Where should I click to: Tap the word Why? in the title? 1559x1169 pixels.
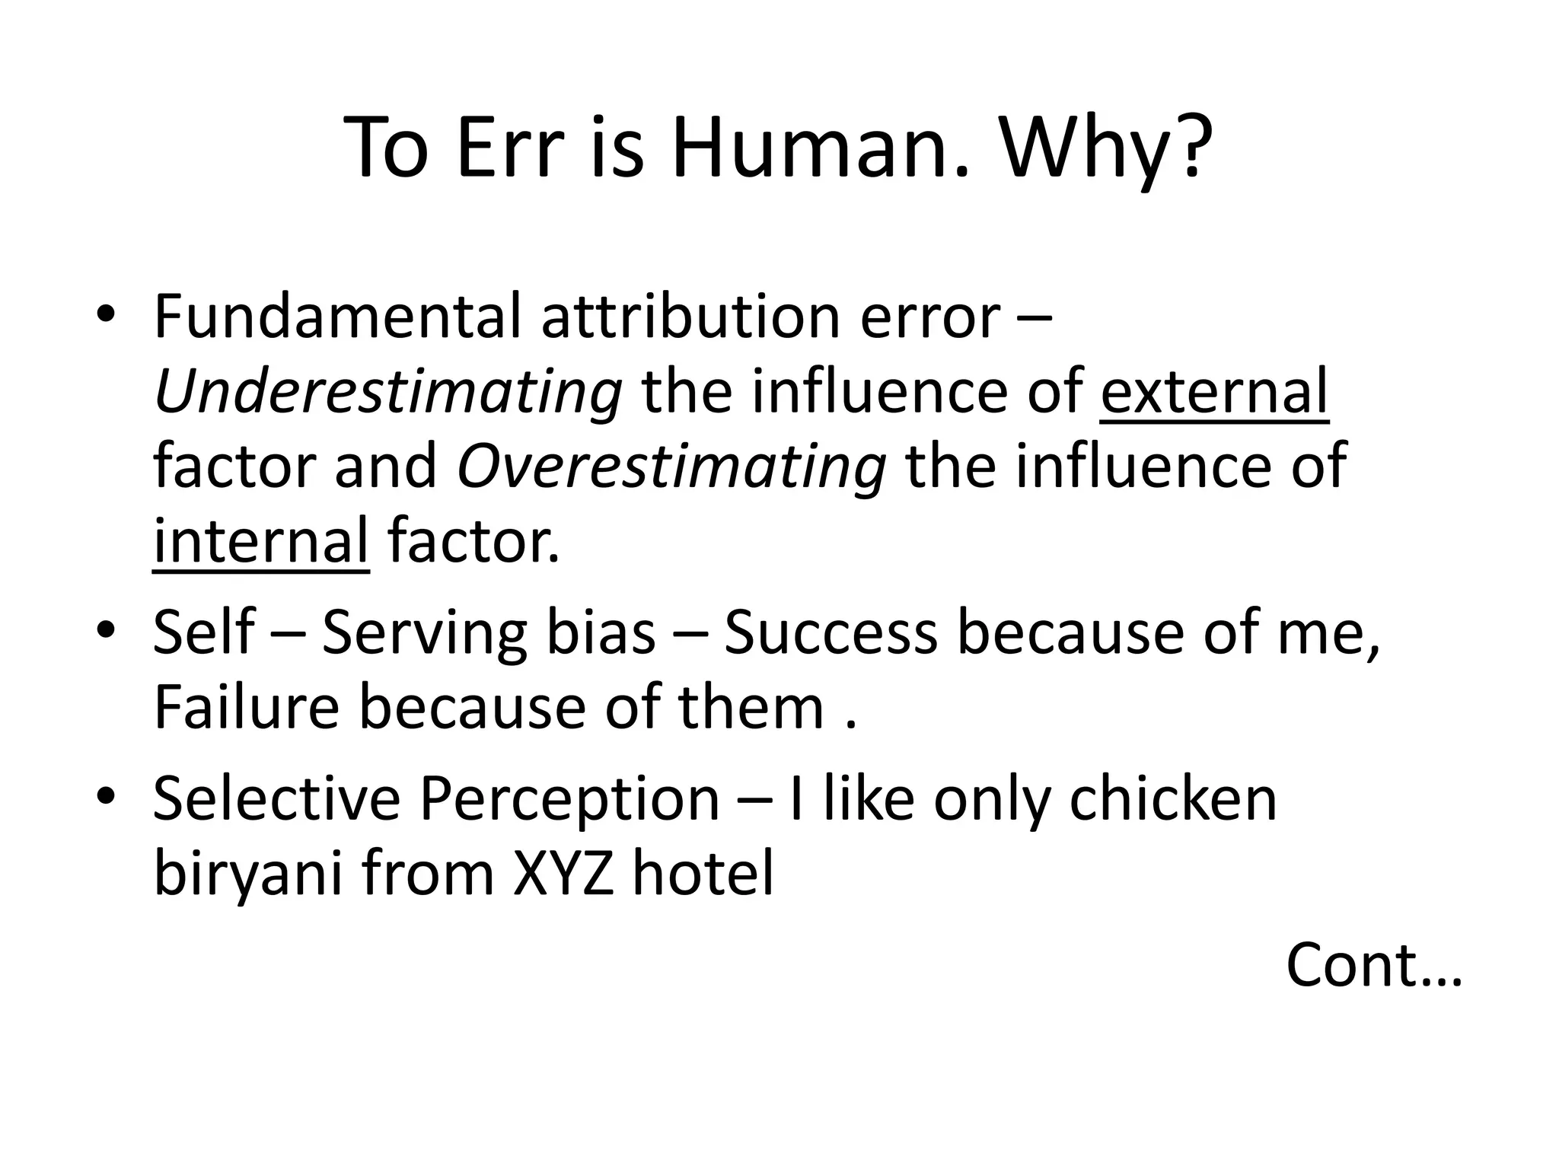1105,147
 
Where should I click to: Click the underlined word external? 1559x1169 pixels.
1214,391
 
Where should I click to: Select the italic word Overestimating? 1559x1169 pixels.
671,467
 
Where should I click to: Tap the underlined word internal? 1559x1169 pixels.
261,541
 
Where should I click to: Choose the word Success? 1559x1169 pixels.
831,632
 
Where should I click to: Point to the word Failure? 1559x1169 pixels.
246,707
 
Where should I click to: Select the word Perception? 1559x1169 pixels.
569,799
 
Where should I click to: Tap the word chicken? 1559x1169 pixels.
1173,799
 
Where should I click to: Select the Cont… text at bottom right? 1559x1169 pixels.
1374,965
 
